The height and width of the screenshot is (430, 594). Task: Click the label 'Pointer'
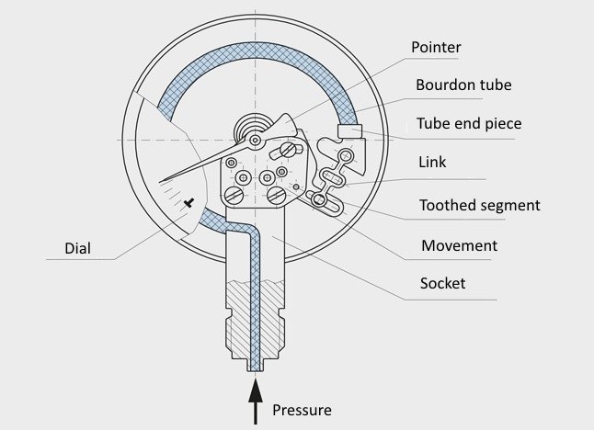point(436,47)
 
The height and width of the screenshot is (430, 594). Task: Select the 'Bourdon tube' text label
point(463,85)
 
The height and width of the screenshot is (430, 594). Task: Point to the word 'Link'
point(431,162)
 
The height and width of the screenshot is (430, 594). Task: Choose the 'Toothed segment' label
point(479,205)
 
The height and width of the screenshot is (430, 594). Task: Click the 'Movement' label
point(459,245)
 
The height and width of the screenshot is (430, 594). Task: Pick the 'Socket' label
point(442,283)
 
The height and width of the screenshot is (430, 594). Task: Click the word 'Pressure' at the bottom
point(302,409)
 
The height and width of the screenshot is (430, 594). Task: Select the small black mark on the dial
point(188,202)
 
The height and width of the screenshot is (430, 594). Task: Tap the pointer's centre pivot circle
point(255,140)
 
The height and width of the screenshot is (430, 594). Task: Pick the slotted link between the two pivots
point(332,178)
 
